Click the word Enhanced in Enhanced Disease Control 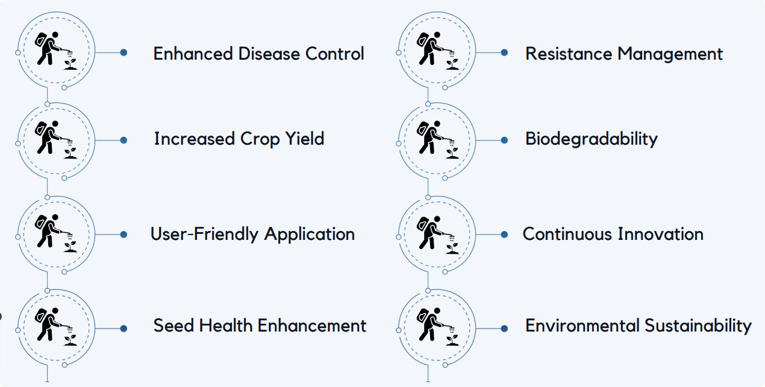(193, 54)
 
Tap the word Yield (305, 139)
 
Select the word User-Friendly (204, 234)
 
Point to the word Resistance (569, 54)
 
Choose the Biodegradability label (592, 139)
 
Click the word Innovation (661, 234)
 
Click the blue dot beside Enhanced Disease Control (123, 52)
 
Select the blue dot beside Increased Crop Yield (123, 140)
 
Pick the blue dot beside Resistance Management (504, 52)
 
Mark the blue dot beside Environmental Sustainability (504, 329)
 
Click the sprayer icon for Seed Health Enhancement (56, 327)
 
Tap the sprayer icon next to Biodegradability (437, 140)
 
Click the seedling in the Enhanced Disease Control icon (70, 64)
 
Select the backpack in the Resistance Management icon (422, 41)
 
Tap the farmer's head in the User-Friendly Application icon (55, 218)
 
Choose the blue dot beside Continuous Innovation (504, 234)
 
